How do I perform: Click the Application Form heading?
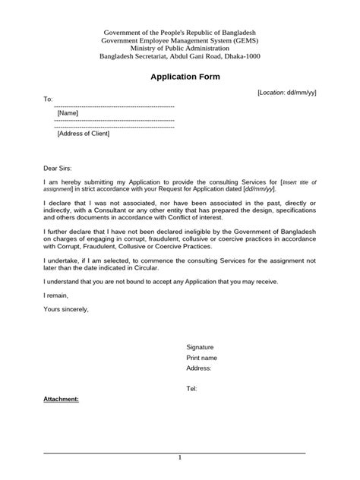(x=180, y=77)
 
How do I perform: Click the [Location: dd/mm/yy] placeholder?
(x=287, y=92)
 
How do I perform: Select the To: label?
(x=48, y=99)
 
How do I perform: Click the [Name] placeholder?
(x=68, y=113)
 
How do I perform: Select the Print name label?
(x=202, y=357)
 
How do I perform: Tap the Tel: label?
(x=191, y=388)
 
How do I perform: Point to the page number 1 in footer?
(x=180, y=457)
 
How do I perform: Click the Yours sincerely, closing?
(x=66, y=309)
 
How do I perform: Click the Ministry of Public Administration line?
(x=180, y=49)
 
